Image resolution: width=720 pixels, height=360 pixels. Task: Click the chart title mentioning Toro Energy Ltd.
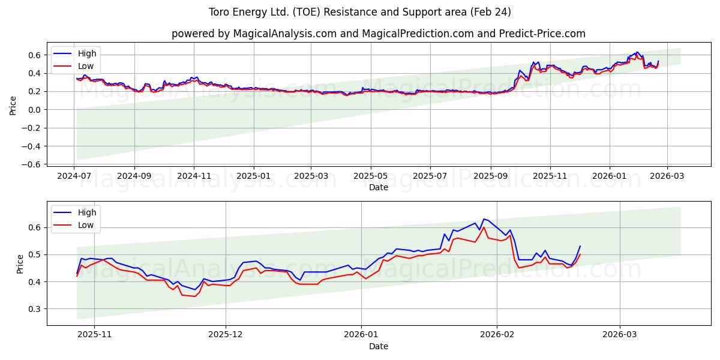point(360,12)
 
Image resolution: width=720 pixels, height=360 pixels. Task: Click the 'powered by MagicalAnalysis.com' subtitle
point(378,34)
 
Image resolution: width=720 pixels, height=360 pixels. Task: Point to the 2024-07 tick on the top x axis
point(74,176)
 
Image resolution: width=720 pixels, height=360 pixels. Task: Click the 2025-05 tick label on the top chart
point(370,176)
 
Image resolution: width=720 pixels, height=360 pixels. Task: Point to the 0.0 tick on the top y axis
point(36,110)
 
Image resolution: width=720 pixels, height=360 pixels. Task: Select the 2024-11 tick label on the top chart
point(194,176)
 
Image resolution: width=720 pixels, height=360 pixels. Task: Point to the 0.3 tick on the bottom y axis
point(36,309)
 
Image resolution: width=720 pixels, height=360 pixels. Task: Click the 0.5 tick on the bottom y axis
point(36,255)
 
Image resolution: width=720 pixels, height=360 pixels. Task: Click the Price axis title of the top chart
point(13,106)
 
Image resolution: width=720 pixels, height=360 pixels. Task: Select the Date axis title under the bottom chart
point(378,346)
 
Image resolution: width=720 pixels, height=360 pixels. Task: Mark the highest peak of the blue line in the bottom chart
point(484,219)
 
